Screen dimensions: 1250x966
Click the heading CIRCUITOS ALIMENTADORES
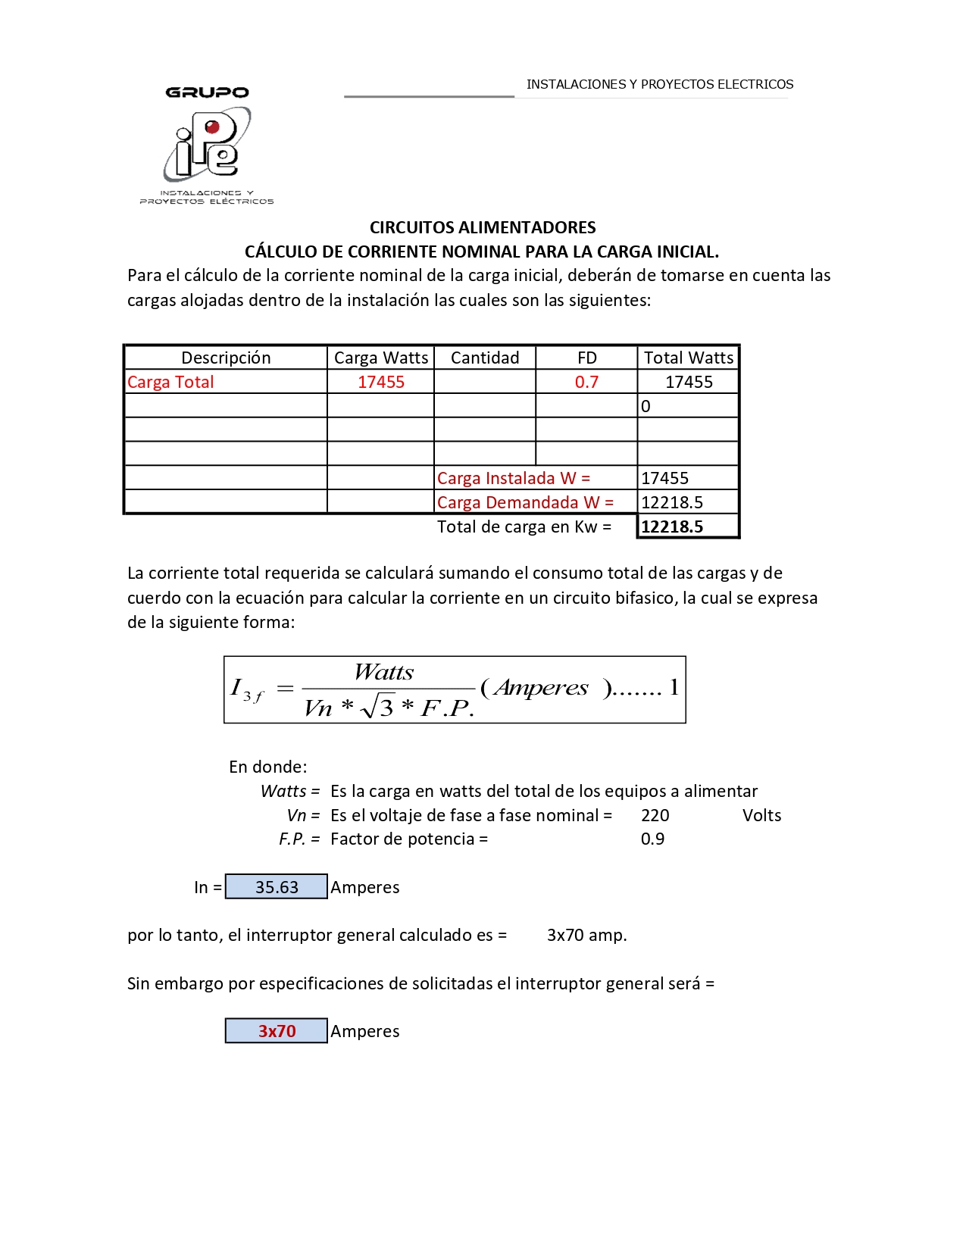483,227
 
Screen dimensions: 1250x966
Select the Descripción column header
226,358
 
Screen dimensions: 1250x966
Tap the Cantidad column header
485,358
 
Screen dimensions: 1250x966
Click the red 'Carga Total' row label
170,382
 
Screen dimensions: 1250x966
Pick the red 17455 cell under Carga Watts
380,382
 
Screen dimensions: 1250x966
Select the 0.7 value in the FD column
586,382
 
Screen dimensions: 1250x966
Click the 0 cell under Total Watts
646,406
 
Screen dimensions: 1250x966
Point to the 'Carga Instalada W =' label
513,478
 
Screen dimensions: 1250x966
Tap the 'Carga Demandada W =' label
525,502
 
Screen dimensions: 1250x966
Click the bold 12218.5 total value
672,527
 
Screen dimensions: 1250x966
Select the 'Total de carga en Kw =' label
524,527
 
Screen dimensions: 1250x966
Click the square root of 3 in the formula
378,707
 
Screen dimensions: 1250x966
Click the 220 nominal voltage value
655,815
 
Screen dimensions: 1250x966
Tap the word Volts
761,815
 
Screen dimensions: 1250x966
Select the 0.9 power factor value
652,839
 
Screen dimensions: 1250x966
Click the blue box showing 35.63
277,886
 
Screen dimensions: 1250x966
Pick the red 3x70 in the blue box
277,1031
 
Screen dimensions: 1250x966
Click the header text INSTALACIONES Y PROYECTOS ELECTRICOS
660,84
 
